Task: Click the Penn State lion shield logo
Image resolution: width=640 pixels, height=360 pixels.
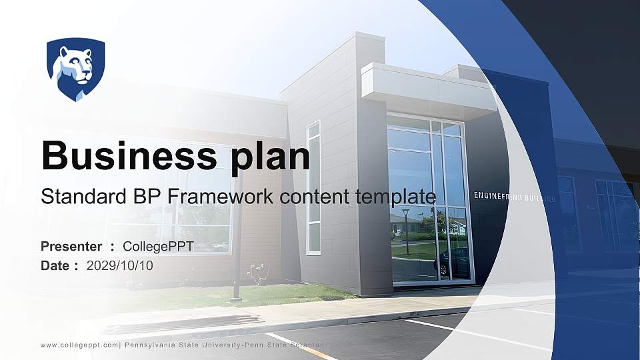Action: coord(75,69)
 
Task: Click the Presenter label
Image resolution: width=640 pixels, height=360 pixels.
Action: coord(71,247)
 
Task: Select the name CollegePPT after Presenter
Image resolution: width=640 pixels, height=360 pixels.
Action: coord(159,247)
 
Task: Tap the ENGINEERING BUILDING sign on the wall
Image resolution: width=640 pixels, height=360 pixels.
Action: coord(514,196)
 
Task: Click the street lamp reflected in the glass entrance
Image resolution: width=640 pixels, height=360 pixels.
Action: coord(406,230)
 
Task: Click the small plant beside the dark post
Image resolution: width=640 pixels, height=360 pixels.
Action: coord(256,273)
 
